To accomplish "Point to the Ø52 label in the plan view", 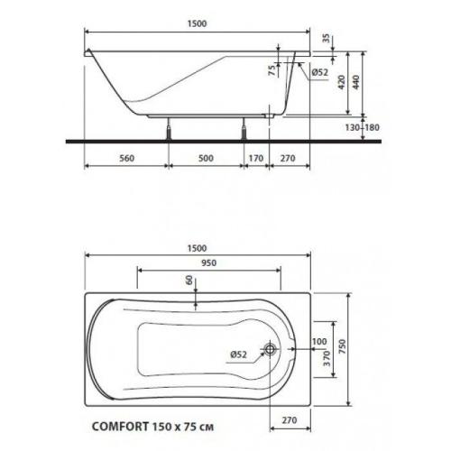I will click(237, 353).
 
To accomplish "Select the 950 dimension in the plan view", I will click(210, 263).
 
